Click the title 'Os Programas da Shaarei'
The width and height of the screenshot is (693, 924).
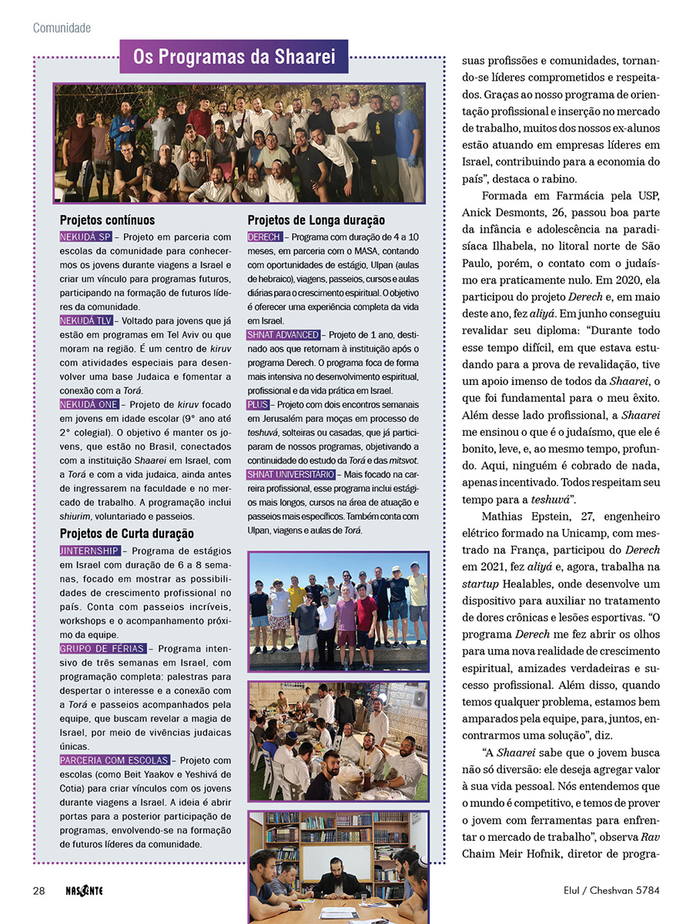point(234,57)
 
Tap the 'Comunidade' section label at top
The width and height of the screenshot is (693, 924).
point(62,28)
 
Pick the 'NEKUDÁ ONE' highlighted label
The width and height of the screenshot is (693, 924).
point(89,404)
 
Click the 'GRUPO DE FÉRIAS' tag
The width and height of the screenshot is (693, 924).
point(102,649)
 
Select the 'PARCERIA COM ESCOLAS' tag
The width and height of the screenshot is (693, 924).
point(115,760)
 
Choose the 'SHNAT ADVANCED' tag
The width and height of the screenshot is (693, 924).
point(283,335)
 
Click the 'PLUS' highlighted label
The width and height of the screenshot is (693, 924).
point(257,405)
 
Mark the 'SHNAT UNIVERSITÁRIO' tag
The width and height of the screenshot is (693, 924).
point(290,474)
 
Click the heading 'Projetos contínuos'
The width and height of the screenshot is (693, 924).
point(107,220)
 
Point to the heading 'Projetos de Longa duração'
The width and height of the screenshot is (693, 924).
point(316,220)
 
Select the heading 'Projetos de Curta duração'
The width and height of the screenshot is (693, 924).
point(126,534)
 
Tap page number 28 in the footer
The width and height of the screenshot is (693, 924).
point(38,891)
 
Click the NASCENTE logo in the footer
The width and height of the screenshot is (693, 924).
point(84,891)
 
